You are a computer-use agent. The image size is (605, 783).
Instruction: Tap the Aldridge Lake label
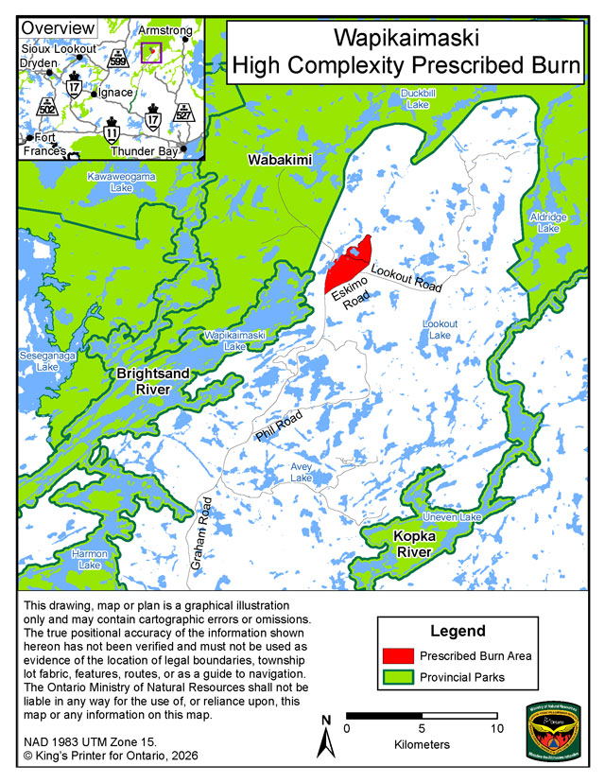(x=549, y=222)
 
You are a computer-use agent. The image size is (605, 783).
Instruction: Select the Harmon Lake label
(x=89, y=559)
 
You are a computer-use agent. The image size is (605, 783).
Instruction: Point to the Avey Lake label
(x=302, y=473)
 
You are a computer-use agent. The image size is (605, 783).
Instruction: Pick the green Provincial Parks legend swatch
(x=399, y=677)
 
